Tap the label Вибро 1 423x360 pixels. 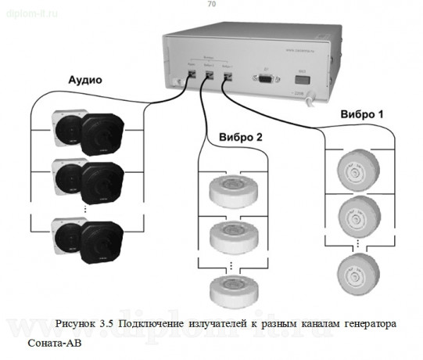pos(363,114)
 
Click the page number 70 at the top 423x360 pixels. pos(211,5)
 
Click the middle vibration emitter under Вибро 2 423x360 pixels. pos(234,235)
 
